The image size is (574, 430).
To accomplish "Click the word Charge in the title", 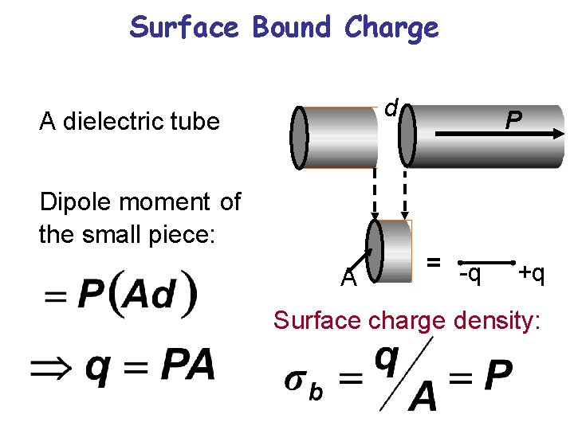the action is (x=391, y=27).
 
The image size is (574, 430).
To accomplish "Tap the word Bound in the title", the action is (x=293, y=27).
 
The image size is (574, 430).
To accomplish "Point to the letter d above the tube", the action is (x=391, y=107).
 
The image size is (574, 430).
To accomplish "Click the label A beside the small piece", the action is (x=348, y=279).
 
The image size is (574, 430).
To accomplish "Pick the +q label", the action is (x=530, y=274).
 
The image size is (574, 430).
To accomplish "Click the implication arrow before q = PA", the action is (x=53, y=367).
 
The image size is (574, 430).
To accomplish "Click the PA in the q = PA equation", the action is (x=187, y=366).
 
